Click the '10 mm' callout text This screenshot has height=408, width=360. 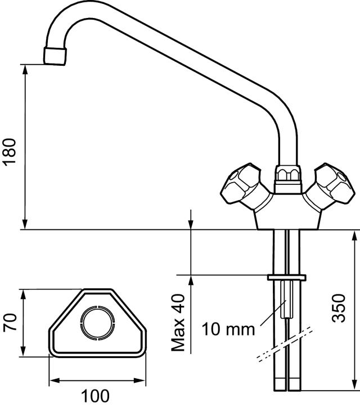pyautogui.click(x=228, y=329)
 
